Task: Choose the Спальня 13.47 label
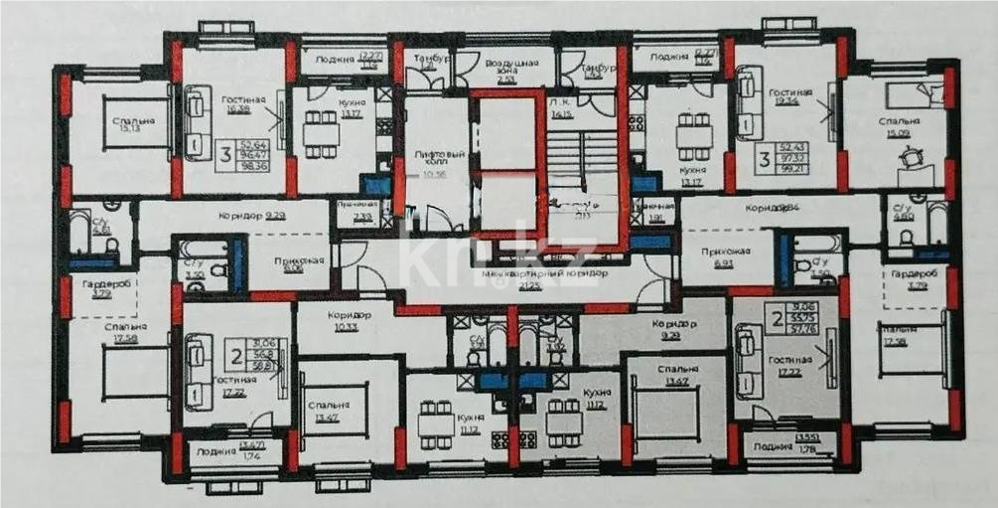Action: pos(328,411)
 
